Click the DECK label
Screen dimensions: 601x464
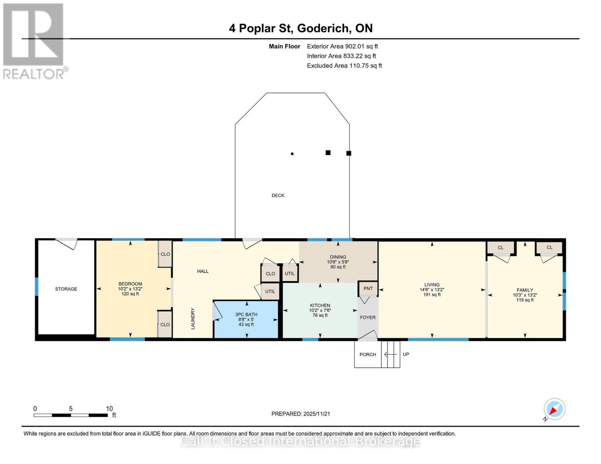278,195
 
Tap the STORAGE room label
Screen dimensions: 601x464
66,289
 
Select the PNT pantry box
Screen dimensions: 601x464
368,288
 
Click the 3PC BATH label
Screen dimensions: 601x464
246,314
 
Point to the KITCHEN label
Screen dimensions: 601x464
320,305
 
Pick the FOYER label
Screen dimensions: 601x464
368,317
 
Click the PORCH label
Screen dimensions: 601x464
368,355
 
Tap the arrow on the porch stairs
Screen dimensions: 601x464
390,354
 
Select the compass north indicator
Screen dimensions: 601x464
554,410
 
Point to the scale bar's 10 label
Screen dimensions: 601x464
109,408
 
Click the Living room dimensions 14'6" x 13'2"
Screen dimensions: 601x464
432,290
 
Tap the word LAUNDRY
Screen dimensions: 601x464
193,319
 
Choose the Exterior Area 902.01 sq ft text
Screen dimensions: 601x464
342,46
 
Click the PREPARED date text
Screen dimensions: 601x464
301,414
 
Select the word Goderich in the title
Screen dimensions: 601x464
323,28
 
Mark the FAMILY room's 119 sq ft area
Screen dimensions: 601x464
525,300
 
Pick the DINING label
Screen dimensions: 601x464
338,257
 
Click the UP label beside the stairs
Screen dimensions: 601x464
406,354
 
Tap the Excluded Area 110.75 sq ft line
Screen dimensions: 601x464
344,66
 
